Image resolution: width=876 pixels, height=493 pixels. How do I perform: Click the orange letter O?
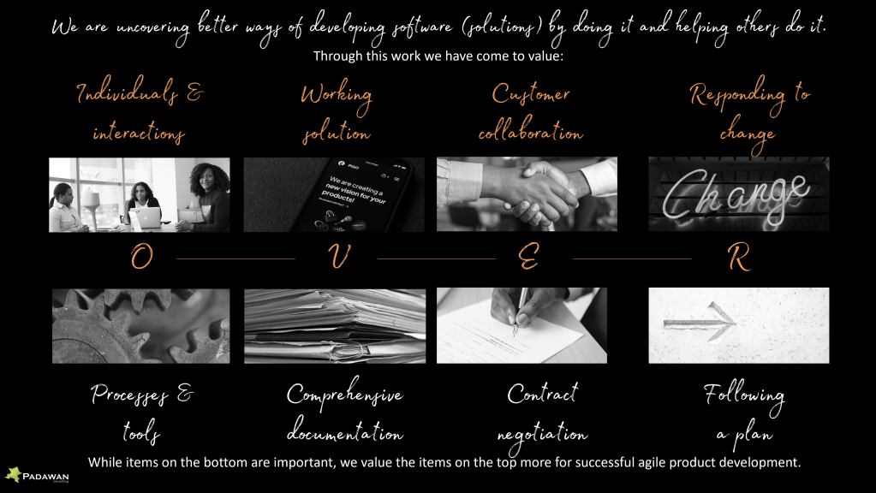pyautogui.click(x=142, y=258)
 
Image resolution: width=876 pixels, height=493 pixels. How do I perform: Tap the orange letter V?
pyautogui.click(x=339, y=257)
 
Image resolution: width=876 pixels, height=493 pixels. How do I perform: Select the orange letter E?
pyautogui.click(x=528, y=257)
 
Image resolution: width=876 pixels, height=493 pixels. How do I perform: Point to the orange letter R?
pyautogui.click(x=739, y=258)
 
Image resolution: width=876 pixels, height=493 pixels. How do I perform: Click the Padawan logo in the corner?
pyautogui.click(x=37, y=475)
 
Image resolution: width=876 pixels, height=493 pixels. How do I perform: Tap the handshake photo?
pyautogui.click(x=527, y=194)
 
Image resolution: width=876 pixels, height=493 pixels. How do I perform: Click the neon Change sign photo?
pyautogui.click(x=739, y=194)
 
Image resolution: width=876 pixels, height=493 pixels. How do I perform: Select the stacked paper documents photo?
pyautogui.click(x=335, y=326)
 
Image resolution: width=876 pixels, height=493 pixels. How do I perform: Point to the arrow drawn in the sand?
pyautogui.click(x=700, y=322)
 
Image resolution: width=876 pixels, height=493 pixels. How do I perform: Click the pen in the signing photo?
pyautogui.click(x=520, y=312)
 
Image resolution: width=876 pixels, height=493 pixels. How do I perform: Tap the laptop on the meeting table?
pyautogui.click(x=147, y=218)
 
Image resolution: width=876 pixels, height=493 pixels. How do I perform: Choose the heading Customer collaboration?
pyautogui.click(x=531, y=113)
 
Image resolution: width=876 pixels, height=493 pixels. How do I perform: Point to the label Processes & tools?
pyautogui.click(x=142, y=413)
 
